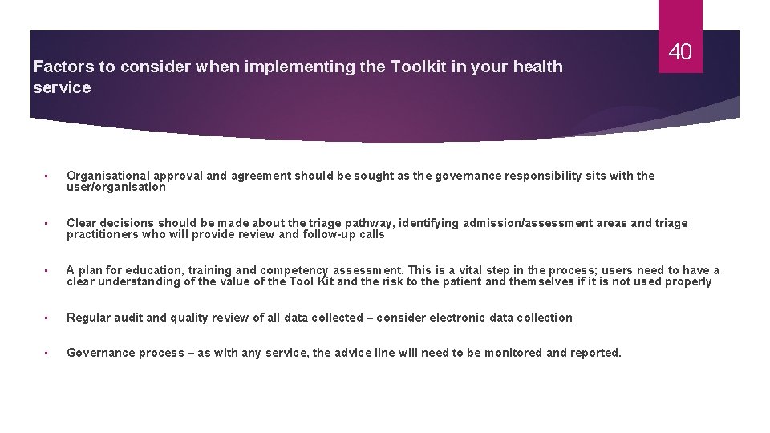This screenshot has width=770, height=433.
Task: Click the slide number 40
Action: pos(680,53)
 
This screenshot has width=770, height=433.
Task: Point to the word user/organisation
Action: pos(116,188)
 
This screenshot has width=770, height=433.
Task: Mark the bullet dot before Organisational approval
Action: pos(47,176)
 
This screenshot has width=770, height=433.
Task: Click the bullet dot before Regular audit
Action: pos(47,318)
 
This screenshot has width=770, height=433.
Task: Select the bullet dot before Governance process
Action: pos(47,354)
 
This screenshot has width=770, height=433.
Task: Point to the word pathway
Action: pos(371,223)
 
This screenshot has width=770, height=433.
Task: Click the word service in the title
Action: pos(63,88)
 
